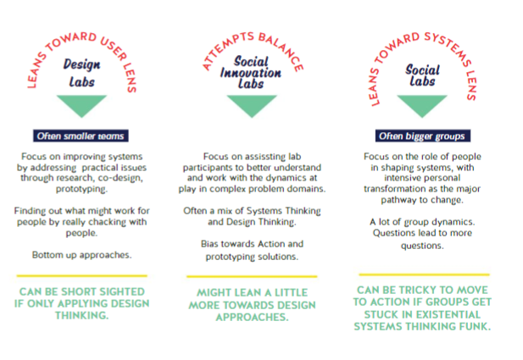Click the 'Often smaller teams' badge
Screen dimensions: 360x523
[82, 136]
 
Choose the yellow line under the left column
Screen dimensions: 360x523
[83, 275]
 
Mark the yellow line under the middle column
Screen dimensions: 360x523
[252, 276]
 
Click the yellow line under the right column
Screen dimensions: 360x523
[421, 274]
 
